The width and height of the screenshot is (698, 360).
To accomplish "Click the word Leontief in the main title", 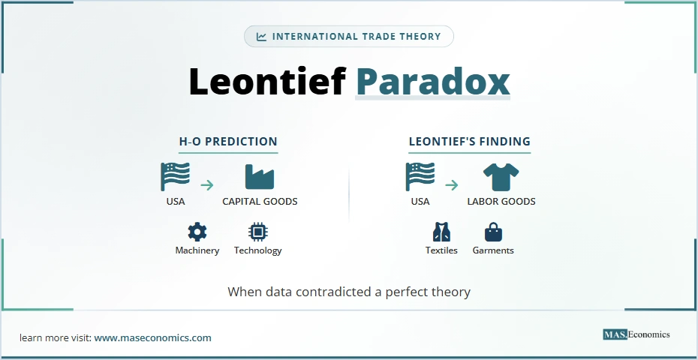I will tap(267, 82).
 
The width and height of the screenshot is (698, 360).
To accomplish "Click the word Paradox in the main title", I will tap(432, 82).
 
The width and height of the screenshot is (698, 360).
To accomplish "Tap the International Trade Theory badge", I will tap(349, 37).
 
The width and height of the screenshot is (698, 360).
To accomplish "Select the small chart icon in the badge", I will tap(261, 37).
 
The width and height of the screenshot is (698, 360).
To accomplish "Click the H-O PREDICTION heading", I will tap(228, 141).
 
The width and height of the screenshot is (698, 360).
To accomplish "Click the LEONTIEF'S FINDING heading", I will tap(469, 141).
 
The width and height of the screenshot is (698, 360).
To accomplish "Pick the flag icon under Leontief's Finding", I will tap(420, 177).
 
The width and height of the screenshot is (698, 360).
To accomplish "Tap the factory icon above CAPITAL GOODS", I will tap(260, 177).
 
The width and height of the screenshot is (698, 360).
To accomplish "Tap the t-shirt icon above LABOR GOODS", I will tap(501, 177).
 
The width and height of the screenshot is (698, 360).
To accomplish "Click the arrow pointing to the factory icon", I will tap(207, 184).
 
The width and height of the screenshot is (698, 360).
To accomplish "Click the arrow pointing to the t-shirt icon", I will tap(451, 184).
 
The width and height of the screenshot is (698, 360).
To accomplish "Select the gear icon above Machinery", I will tap(197, 231).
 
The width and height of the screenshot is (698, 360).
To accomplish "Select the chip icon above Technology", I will tap(257, 231).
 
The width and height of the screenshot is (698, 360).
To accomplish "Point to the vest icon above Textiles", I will tap(441, 231).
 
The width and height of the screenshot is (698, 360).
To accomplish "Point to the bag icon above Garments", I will tap(493, 231).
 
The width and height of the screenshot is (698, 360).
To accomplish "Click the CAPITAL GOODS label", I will tap(260, 202).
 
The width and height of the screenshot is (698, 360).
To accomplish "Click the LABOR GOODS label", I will tap(501, 202).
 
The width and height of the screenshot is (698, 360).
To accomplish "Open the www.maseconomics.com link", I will tap(152, 337).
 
